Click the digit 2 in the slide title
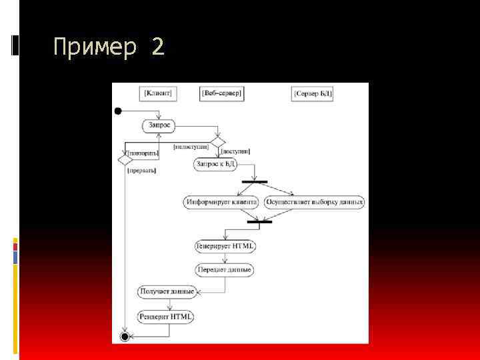[157, 48]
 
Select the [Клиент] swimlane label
[158, 93]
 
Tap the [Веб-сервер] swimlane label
[221, 93]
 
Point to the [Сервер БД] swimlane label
[313, 94]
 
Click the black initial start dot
[118, 111]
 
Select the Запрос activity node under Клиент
[159, 125]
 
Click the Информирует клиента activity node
[221, 202]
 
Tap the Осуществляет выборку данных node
[314, 202]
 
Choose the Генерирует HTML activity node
[225, 246]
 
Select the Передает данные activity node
[225, 270]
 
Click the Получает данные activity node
[167, 291]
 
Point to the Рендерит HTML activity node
[165, 317]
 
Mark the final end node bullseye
[125, 337]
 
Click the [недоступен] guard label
[191, 146]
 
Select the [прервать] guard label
[141, 171]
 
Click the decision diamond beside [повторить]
[125, 159]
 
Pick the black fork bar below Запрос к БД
[254, 181]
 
